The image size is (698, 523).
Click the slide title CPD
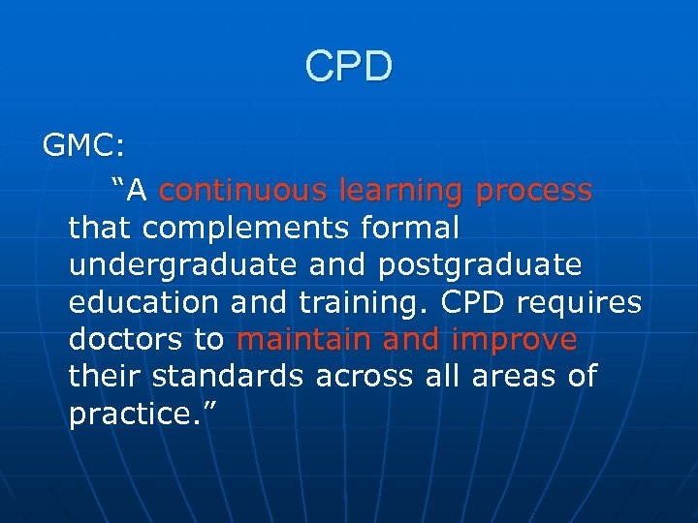point(349,67)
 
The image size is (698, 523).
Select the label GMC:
point(83,146)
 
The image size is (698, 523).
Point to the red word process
point(534,191)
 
